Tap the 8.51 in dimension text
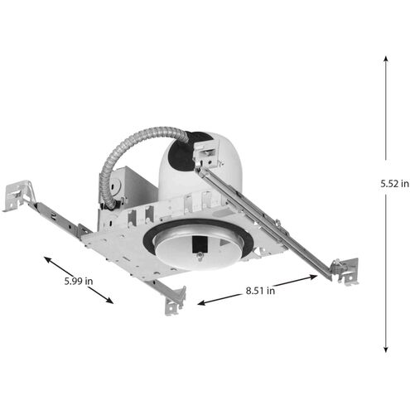pos(258,292)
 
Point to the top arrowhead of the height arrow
pos(387,58)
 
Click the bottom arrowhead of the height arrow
pos(387,351)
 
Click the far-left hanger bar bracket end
pos(18,195)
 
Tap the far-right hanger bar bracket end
pos(345,270)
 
